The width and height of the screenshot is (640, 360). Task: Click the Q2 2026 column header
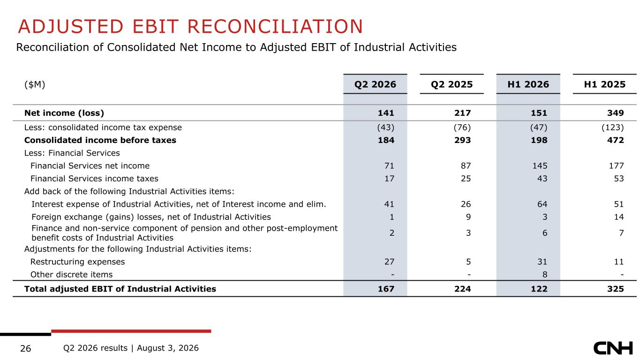pos(375,84)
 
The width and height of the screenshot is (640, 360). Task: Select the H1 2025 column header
pos(604,84)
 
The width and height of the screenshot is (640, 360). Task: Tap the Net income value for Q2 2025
pos(463,113)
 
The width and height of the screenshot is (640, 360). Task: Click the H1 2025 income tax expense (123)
pos(612,127)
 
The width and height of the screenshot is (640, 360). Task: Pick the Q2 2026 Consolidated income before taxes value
pos(386,140)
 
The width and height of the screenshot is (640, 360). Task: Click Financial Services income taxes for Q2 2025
pos(466,179)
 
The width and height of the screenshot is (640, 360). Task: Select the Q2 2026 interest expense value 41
pos(389,204)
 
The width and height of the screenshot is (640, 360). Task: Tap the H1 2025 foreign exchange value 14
pos(618,217)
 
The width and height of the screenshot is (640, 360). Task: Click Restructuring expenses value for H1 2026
pos(542,262)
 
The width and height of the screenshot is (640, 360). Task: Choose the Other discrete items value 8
pos(545,275)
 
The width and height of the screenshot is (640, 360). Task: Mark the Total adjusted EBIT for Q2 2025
pos(463,289)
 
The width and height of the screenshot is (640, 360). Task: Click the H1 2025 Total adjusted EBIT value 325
pos(616,289)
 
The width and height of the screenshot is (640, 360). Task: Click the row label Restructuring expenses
pos(77,262)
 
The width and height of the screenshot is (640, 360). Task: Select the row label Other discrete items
pos(71,275)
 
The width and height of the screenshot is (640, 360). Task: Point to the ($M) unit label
pos(35,84)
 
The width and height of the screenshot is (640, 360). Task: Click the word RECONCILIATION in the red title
pos(275,27)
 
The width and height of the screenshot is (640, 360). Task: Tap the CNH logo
pos(613,348)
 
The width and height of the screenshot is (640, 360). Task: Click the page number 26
pos(25,349)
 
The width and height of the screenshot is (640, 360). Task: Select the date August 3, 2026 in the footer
pos(168,348)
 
